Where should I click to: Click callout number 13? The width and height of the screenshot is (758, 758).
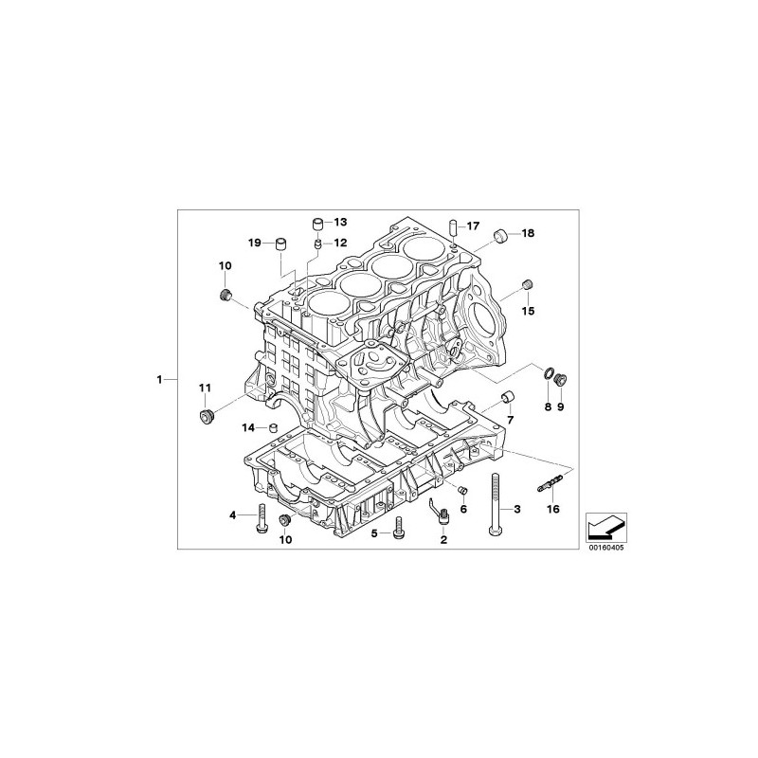[340, 222]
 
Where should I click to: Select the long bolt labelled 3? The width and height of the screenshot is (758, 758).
[494, 504]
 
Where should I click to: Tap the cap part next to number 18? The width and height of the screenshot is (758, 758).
[500, 235]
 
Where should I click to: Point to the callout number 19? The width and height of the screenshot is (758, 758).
[255, 243]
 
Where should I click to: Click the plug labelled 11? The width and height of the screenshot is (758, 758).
[207, 416]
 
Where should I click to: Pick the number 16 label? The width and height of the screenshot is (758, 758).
[553, 509]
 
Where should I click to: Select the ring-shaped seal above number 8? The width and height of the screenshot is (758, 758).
[549, 373]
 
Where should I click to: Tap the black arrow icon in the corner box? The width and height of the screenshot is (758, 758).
[606, 528]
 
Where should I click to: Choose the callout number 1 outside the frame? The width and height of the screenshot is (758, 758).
[159, 380]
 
